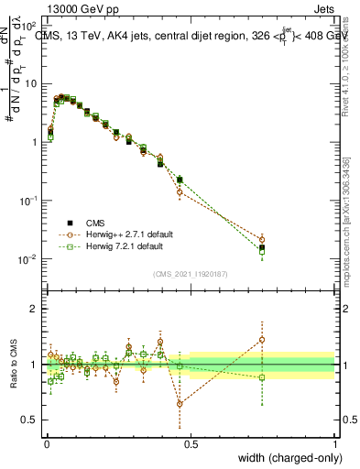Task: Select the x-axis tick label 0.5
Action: click(190, 444)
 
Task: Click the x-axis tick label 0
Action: click(46, 444)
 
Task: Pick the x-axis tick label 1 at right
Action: click(334, 444)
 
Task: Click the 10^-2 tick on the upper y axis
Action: click(28, 259)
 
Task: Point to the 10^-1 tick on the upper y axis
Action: click(28, 201)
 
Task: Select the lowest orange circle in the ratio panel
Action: click(180, 403)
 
